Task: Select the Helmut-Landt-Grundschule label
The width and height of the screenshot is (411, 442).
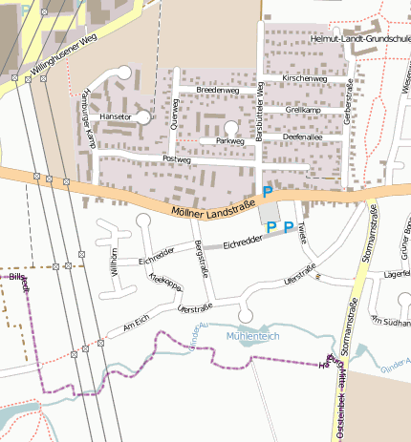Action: [x=361, y=39]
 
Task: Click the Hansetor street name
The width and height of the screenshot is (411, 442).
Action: [x=116, y=116]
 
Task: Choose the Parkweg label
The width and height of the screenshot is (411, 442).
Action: [x=230, y=140]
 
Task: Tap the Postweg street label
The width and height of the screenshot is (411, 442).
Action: [x=178, y=159]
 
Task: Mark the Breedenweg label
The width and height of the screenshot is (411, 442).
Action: [x=216, y=90]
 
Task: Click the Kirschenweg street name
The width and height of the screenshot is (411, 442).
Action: [x=306, y=78]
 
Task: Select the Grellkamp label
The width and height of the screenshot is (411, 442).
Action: [x=302, y=110]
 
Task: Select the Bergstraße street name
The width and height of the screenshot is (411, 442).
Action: [x=202, y=261]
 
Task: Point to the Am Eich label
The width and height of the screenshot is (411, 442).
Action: [x=138, y=327]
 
